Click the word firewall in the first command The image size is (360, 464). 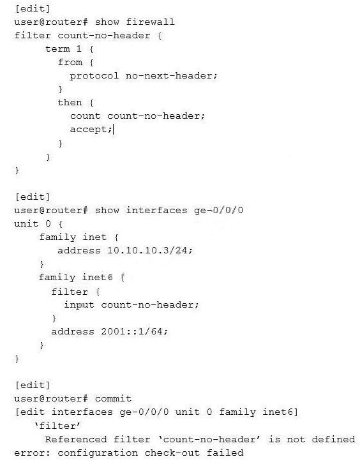tap(150, 22)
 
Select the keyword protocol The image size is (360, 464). tap(94, 76)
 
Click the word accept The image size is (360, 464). tap(89, 130)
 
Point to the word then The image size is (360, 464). tap(70, 102)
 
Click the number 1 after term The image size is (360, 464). tap(79, 49)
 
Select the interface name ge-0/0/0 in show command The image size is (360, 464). tap(218, 211)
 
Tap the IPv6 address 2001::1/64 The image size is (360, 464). tap(131, 331)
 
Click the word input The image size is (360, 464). tap(79, 305)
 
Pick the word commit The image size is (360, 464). tap(113, 399)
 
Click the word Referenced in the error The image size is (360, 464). tap(76, 440)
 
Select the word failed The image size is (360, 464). tap(225, 453)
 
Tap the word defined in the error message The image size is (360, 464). tap(333, 440)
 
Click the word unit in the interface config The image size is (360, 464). tap(26, 224)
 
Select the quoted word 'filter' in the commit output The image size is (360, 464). tap(57, 426)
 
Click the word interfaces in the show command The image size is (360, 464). tap(156, 211)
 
